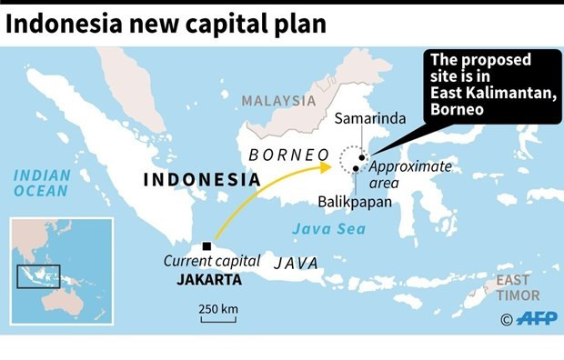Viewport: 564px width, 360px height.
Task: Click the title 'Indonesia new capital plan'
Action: click(166, 23)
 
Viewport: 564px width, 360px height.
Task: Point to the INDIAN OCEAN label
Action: click(41, 183)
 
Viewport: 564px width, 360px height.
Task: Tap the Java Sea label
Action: click(334, 228)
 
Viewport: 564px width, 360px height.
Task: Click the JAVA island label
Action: click(296, 263)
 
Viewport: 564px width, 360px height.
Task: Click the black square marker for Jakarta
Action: click(209, 245)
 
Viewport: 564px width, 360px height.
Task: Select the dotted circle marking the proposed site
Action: click(353, 162)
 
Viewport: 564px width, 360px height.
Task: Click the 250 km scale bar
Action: click(218, 318)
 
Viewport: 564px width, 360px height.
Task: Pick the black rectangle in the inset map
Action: click(40, 276)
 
